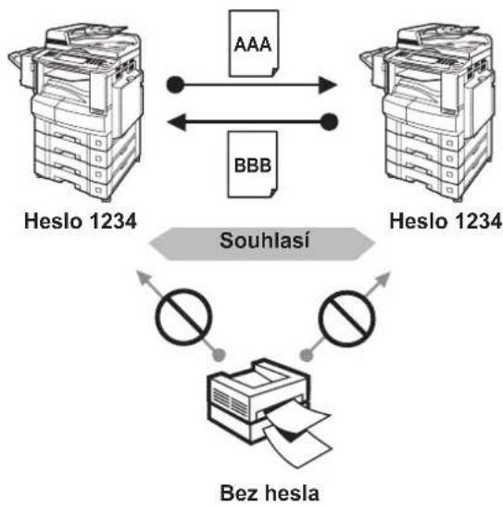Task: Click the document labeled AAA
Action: coord(254,44)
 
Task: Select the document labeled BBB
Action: coord(252,164)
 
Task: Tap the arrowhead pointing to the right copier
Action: coord(327,85)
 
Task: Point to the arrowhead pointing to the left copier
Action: coord(177,122)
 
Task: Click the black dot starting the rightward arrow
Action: coord(175,85)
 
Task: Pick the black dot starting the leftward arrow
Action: coord(329,122)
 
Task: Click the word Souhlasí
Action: coord(265,241)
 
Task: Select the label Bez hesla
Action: coord(270,493)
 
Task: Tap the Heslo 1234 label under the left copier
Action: coord(81,221)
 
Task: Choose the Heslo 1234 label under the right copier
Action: coord(446,221)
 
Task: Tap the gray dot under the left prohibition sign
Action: coord(219,355)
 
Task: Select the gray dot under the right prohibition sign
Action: coord(306,355)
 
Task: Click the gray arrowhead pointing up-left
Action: coord(143,278)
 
